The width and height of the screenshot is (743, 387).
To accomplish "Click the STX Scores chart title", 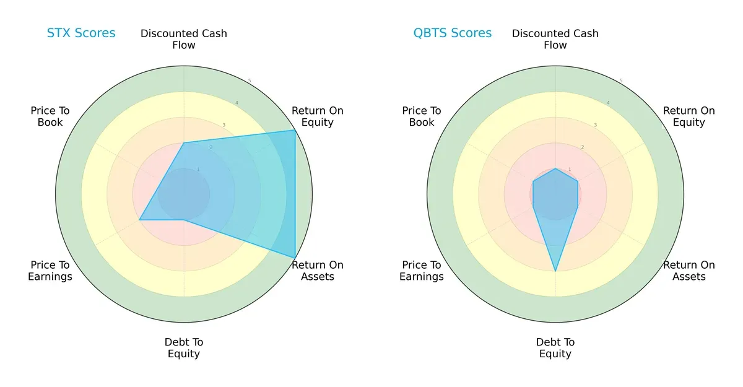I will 81,33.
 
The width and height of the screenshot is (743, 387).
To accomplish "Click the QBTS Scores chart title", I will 453,33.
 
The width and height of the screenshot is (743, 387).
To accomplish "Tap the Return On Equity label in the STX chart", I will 318,116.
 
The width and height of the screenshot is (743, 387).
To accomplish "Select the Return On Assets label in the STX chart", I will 318,271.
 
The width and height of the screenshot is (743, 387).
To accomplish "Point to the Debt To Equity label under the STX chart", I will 184,348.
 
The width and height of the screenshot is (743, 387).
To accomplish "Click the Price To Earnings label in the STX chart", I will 50,271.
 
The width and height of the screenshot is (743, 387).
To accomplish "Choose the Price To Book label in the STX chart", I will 50,116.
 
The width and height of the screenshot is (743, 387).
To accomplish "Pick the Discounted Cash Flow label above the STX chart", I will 184,39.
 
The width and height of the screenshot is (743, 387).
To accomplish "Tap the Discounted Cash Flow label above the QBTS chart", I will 555,39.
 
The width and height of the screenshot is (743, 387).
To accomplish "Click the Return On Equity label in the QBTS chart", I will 689,116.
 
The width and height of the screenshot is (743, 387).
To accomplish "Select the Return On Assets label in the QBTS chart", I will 689,271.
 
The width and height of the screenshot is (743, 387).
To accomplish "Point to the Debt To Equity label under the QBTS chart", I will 555,348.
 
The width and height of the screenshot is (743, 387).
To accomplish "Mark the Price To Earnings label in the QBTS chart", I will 422,271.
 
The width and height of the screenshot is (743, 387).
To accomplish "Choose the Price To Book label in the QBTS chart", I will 422,116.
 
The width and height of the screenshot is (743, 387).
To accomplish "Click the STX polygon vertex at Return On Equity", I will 295,131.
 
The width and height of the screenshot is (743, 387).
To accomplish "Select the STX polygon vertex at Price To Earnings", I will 139,220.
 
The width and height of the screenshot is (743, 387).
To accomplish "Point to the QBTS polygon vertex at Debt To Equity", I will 555,271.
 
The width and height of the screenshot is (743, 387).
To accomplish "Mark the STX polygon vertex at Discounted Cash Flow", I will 184,143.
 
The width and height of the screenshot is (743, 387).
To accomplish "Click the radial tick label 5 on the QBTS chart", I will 621,80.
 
